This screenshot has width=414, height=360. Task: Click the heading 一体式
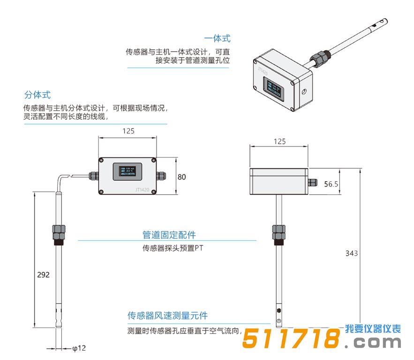(217, 38)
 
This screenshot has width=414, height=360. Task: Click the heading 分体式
(37, 95)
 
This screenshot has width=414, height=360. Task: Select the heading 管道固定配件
(169, 235)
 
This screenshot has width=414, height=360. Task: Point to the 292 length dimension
(43, 275)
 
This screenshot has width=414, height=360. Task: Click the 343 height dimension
(351, 253)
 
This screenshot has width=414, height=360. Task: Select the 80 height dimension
(182, 177)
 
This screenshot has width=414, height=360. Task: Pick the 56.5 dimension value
(331, 184)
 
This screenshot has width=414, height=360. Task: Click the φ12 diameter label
(79, 348)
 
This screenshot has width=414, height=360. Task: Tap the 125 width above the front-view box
(128, 131)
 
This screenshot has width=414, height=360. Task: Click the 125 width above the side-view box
(279, 141)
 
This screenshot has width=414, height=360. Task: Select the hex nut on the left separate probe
(59, 231)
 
